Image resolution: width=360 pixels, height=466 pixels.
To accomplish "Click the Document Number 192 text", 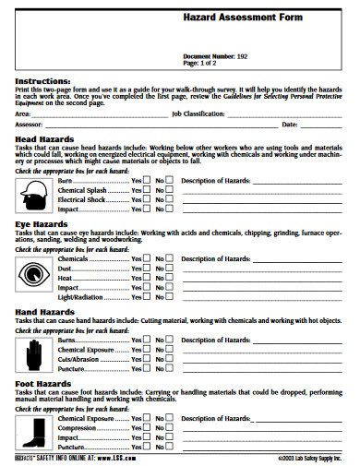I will [215, 57].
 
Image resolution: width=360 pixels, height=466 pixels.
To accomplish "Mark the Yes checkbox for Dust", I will [148, 269].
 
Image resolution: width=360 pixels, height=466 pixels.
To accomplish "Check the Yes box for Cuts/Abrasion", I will [148, 359].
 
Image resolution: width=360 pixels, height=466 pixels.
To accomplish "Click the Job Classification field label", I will [198, 114].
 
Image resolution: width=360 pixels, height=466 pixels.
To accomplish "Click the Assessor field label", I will [30, 124].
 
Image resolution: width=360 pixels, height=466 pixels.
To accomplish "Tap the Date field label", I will [289, 124].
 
